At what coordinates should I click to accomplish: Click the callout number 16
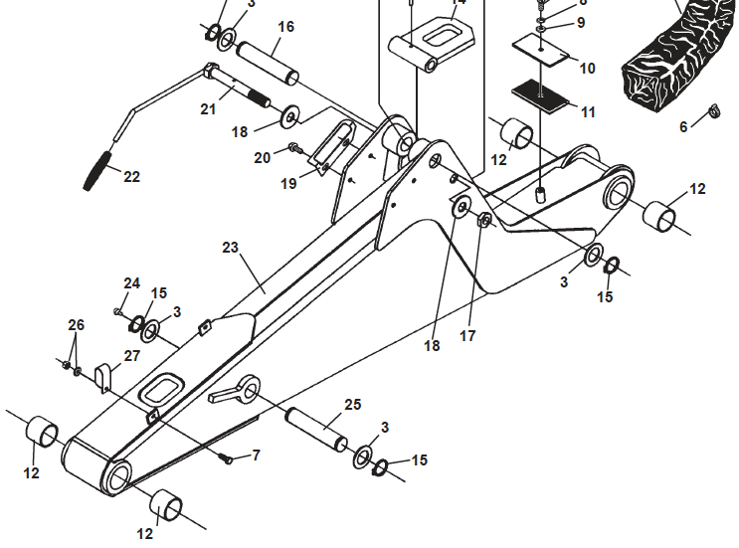point(285,27)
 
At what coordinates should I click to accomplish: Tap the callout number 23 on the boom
point(231,248)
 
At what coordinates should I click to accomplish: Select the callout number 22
point(131,177)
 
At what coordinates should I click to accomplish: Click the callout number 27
point(131,355)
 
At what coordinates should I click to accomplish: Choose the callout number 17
point(467,336)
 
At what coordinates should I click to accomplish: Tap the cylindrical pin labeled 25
point(315,426)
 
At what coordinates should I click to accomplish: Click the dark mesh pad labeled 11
point(538,94)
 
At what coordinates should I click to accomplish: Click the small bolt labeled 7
point(226,458)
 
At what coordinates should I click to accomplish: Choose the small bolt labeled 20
point(293,149)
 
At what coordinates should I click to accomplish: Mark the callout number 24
point(131,283)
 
